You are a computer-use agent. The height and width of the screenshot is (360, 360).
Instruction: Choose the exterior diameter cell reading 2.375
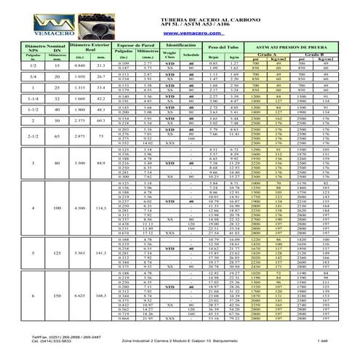60,119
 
